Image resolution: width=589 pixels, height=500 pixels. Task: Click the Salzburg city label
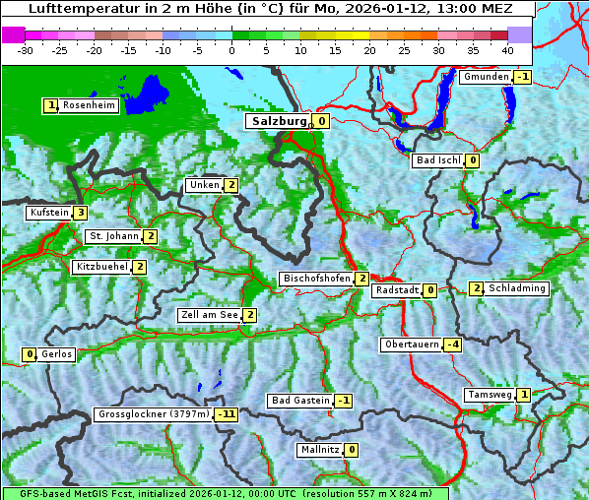(x=277, y=121)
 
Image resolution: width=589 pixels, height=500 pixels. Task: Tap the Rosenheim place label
(x=88, y=105)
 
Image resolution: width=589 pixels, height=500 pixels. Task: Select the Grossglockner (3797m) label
(x=154, y=414)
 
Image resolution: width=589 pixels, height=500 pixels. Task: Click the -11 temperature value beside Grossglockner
(x=228, y=414)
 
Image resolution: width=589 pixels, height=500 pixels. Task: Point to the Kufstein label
(x=48, y=213)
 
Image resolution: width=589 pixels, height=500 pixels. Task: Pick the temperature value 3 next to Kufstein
(x=80, y=213)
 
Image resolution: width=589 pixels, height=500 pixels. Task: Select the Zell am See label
(x=210, y=315)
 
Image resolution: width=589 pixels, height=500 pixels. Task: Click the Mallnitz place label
(x=319, y=450)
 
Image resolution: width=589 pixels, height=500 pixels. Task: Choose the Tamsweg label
(x=490, y=395)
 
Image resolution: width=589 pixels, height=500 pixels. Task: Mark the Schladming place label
(x=516, y=288)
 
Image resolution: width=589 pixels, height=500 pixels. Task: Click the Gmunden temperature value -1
(x=523, y=77)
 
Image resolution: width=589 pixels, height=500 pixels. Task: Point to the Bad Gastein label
(x=300, y=401)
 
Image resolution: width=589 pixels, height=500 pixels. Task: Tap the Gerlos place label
(x=56, y=354)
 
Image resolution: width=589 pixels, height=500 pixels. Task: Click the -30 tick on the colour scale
(x=27, y=49)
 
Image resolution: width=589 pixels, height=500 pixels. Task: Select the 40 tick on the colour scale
(x=507, y=49)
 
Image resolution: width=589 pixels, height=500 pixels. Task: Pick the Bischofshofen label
(x=316, y=280)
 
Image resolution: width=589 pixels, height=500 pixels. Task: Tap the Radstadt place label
(x=397, y=290)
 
